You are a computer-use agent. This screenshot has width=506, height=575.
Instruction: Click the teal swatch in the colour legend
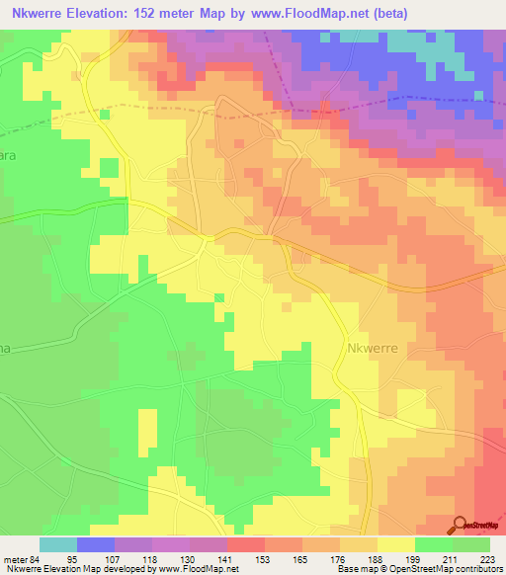click(x=58, y=544)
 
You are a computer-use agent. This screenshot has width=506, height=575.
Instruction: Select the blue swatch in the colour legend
click(x=96, y=544)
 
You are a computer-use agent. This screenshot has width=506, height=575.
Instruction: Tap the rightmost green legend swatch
click(x=471, y=544)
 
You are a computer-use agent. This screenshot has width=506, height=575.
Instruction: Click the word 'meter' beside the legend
click(x=14, y=559)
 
